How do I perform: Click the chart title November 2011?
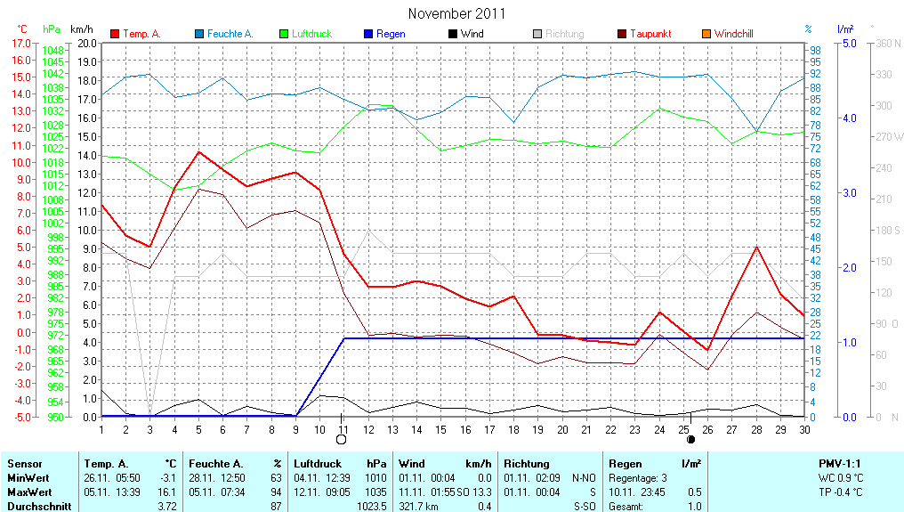456,13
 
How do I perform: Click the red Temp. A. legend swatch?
115,34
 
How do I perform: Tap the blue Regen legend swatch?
368,34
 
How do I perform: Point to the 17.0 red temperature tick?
20,43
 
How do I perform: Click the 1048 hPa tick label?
52,51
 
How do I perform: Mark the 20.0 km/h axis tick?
87,43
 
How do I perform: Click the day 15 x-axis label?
440,429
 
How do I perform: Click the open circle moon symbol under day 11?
342,439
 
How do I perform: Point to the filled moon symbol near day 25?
691,439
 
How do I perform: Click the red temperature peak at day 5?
199,151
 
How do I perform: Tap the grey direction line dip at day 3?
150,415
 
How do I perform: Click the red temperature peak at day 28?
755,246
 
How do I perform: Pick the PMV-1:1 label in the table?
840,464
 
